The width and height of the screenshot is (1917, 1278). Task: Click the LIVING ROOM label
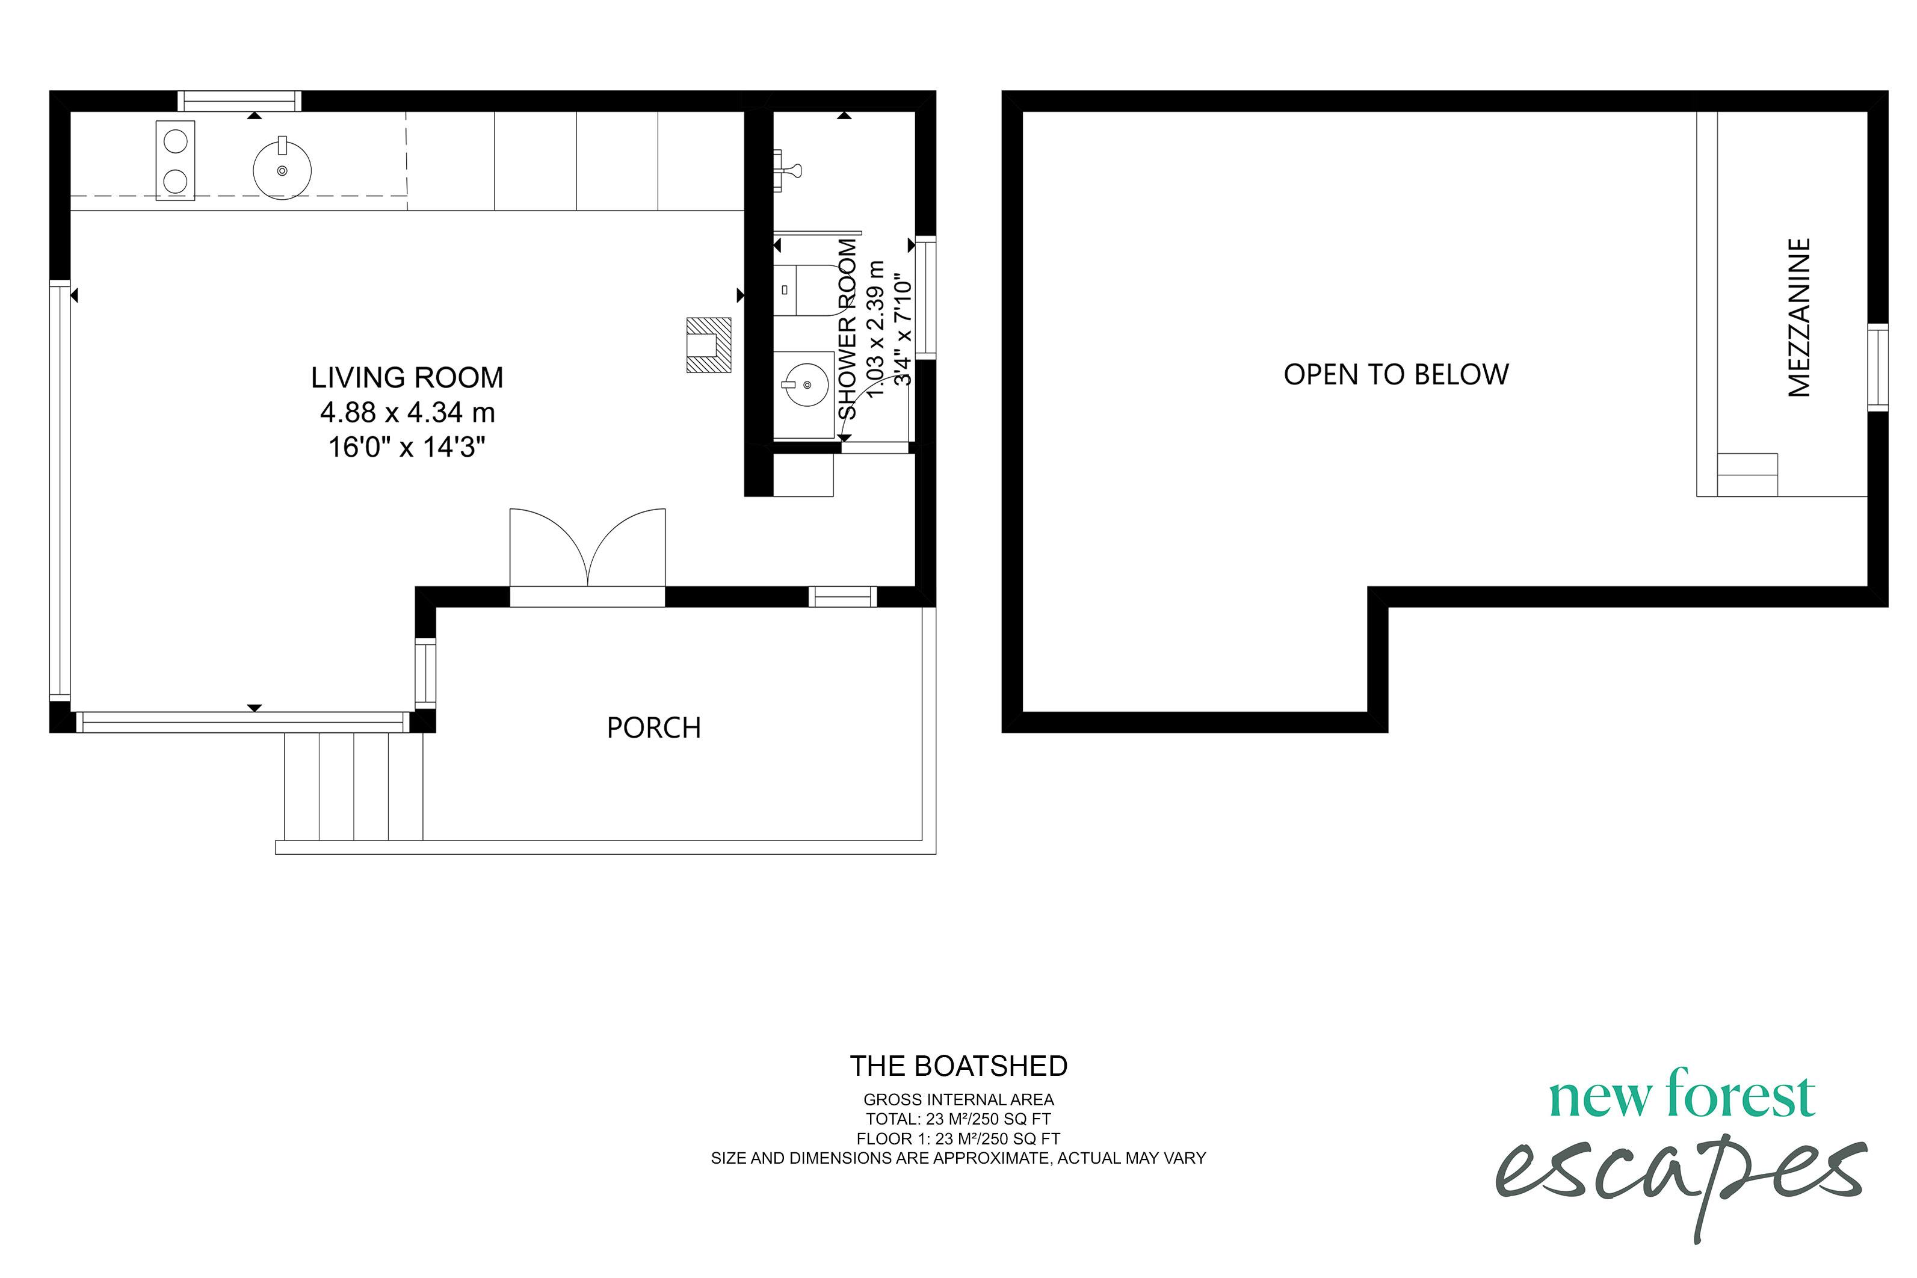click(407, 377)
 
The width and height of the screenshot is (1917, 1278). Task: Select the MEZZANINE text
click(1799, 318)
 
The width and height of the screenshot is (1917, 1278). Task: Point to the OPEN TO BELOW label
click(1395, 374)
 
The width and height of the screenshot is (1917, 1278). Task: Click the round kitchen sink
click(282, 170)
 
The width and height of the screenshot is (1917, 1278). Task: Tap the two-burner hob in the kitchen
click(175, 161)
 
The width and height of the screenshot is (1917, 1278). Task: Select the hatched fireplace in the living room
click(708, 345)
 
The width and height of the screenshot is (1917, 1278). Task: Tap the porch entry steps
click(354, 786)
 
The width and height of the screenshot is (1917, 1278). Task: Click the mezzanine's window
click(1877, 367)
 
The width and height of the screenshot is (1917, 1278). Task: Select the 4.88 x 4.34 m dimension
click(407, 412)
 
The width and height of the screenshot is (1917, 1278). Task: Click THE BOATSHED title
click(958, 1066)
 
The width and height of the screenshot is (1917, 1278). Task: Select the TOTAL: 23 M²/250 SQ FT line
click(958, 1119)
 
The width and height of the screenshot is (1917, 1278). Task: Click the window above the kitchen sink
click(239, 101)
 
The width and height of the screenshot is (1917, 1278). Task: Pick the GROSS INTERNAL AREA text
click(958, 1099)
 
